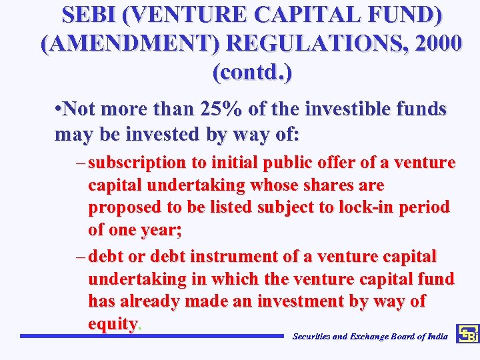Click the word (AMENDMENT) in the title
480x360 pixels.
point(131,43)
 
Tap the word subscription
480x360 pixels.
point(137,163)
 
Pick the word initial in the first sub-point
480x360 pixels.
point(236,163)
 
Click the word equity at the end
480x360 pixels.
point(113,324)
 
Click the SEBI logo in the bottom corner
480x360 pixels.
point(468,335)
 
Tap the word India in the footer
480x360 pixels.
point(437,337)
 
